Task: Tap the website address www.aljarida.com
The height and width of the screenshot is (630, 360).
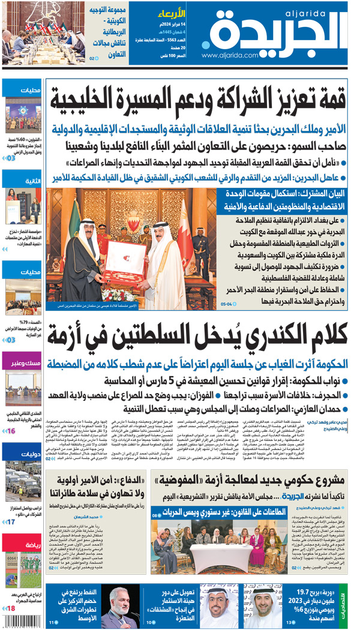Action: [x=230, y=56]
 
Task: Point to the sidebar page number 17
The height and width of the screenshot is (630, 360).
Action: [x=10, y=522]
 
